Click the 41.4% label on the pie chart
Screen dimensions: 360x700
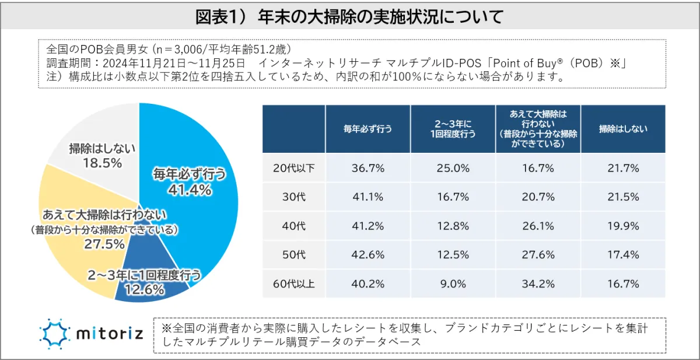188,190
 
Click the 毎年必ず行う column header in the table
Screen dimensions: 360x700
367,129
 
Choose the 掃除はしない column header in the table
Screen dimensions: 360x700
623,129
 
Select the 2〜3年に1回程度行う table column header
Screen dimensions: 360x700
453,129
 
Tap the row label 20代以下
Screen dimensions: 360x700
294,168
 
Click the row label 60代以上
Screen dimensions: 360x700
294,284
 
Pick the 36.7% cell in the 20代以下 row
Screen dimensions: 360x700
367,168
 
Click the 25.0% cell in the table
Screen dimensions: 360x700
453,168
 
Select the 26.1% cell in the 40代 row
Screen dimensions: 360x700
538,226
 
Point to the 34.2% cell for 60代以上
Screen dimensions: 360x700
538,284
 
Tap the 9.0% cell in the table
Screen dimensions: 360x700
453,284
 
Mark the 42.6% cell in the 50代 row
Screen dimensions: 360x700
367,255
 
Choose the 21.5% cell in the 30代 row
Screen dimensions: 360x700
623,197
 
